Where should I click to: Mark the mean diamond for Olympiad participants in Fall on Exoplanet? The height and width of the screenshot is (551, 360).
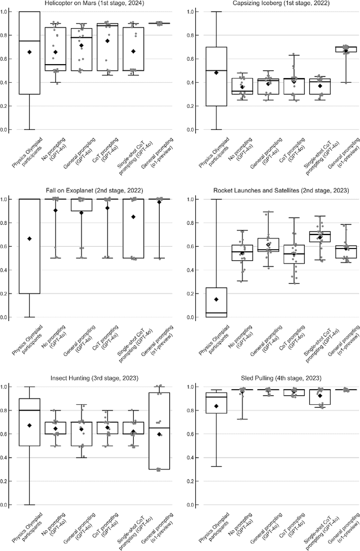tap(29, 238)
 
